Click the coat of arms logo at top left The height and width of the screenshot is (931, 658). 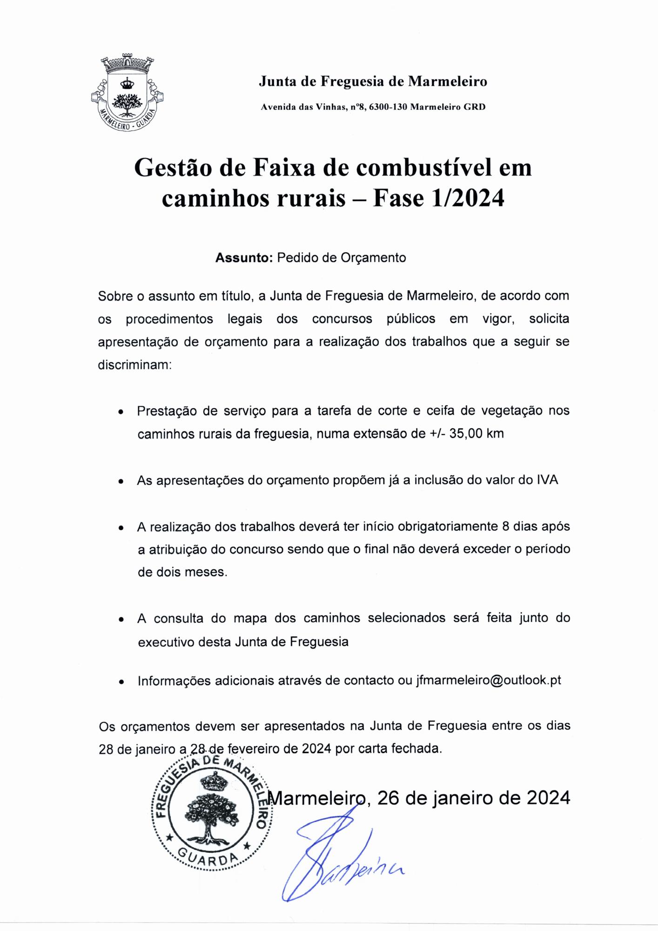pyautogui.click(x=128, y=93)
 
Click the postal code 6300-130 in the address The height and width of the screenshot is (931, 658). pyautogui.click(x=388, y=107)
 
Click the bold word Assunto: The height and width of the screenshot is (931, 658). pyautogui.click(x=243, y=258)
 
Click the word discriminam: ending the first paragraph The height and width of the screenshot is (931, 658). pyautogui.click(x=135, y=365)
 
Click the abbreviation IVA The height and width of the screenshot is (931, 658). pyautogui.click(x=547, y=480)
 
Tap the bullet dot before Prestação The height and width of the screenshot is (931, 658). pyautogui.click(x=121, y=412)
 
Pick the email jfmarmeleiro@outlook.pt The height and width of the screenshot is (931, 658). pyautogui.click(x=488, y=680)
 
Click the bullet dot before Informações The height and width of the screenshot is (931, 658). pyautogui.click(x=121, y=682)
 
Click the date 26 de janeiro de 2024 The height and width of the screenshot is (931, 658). pyautogui.click(x=473, y=798)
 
